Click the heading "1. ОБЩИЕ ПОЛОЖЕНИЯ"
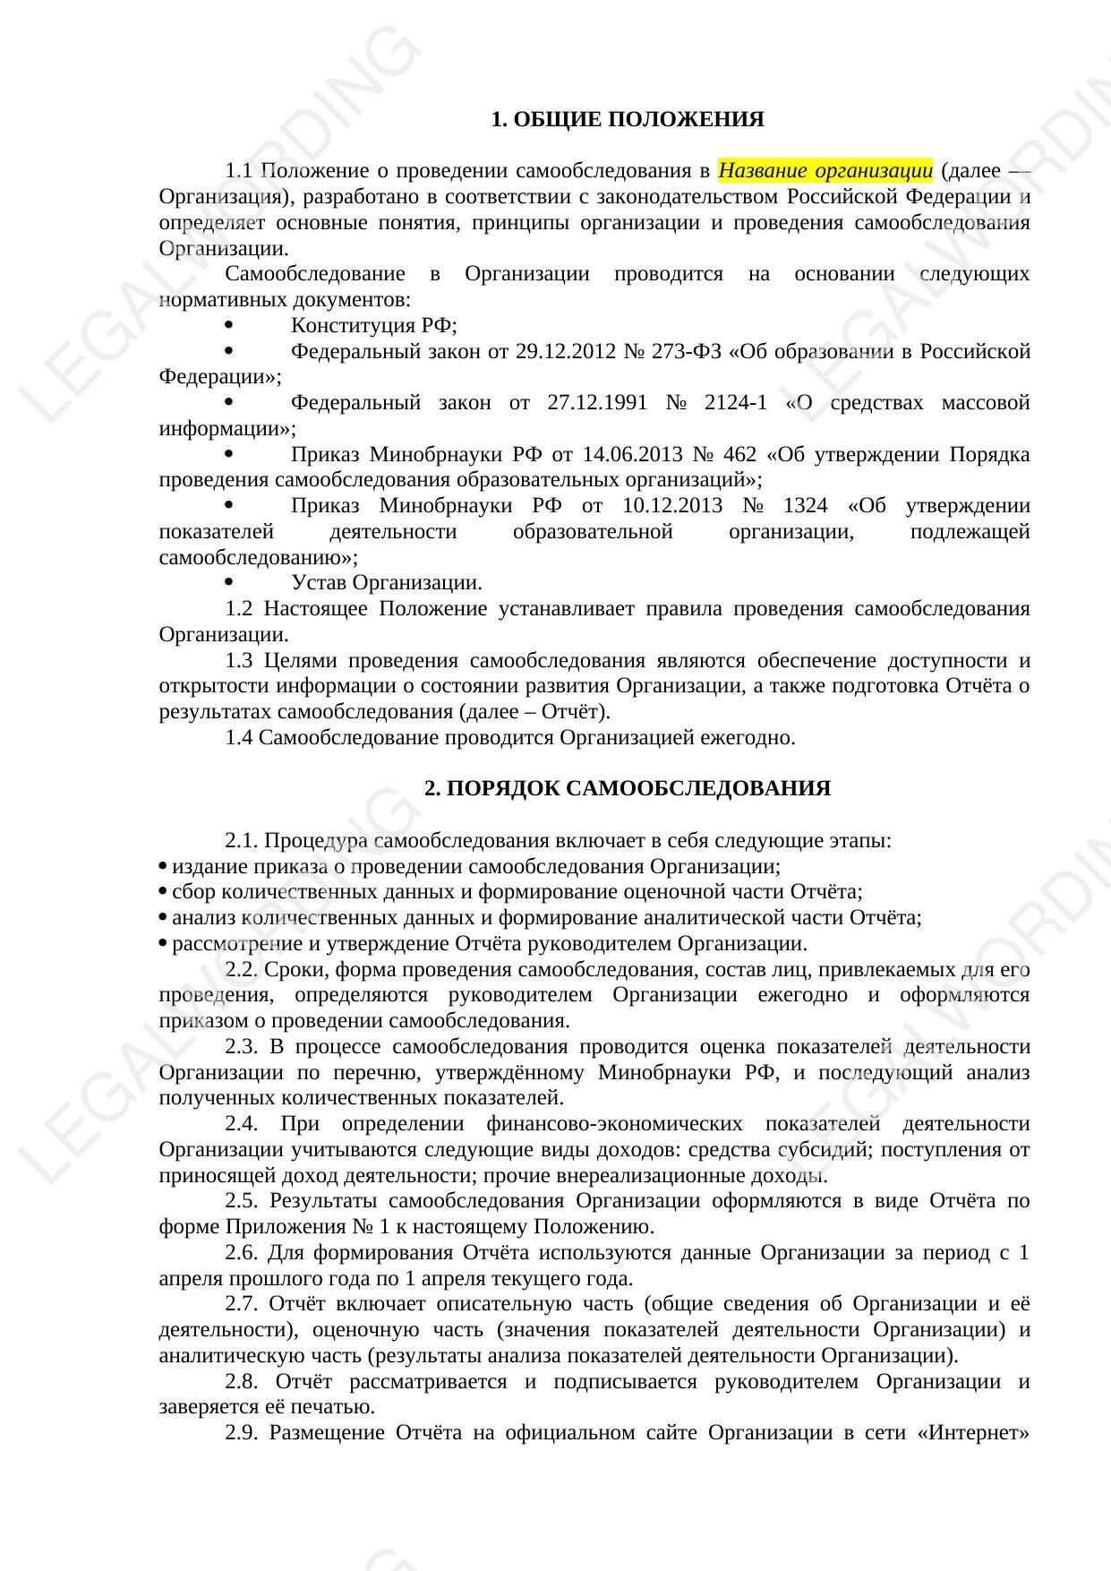pos(627,120)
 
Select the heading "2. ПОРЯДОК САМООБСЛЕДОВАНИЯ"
pos(627,789)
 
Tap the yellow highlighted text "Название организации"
pos(825,170)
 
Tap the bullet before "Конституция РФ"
pos(230,325)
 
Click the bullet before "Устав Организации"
pos(230,583)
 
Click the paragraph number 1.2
pos(239,609)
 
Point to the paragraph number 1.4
pos(239,738)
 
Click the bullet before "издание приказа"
pos(163,866)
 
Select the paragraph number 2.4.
pos(242,1124)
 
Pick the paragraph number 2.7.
pos(242,1304)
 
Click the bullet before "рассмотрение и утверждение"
pos(163,944)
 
